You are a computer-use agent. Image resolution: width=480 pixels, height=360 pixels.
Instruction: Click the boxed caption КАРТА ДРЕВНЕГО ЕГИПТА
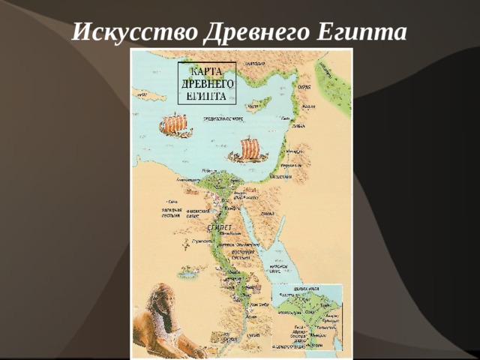(206, 82)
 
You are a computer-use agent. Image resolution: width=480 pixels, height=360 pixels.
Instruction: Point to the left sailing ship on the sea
(175, 124)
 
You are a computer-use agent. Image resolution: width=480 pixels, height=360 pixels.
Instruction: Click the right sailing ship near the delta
(248, 150)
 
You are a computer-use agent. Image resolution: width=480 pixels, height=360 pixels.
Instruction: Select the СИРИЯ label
(302, 87)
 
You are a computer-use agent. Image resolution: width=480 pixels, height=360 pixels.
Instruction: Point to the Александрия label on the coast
(188, 180)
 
